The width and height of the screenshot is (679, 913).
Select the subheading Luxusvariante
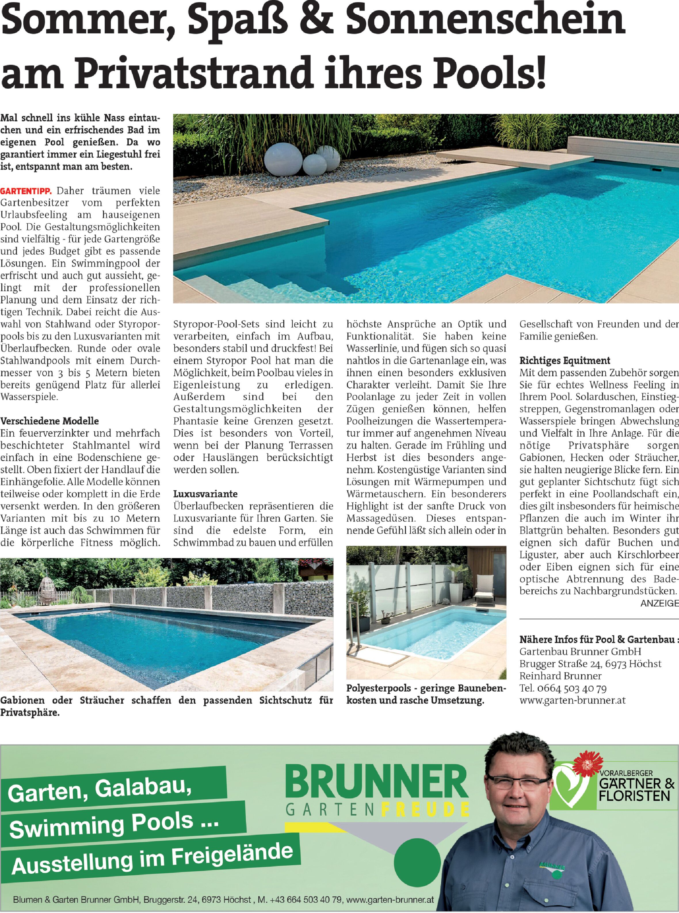pyautogui.click(x=205, y=494)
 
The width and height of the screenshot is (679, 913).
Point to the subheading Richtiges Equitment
pyautogui.click(x=565, y=360)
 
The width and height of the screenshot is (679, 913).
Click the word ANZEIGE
pyautogui.click(x=659, y=603)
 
